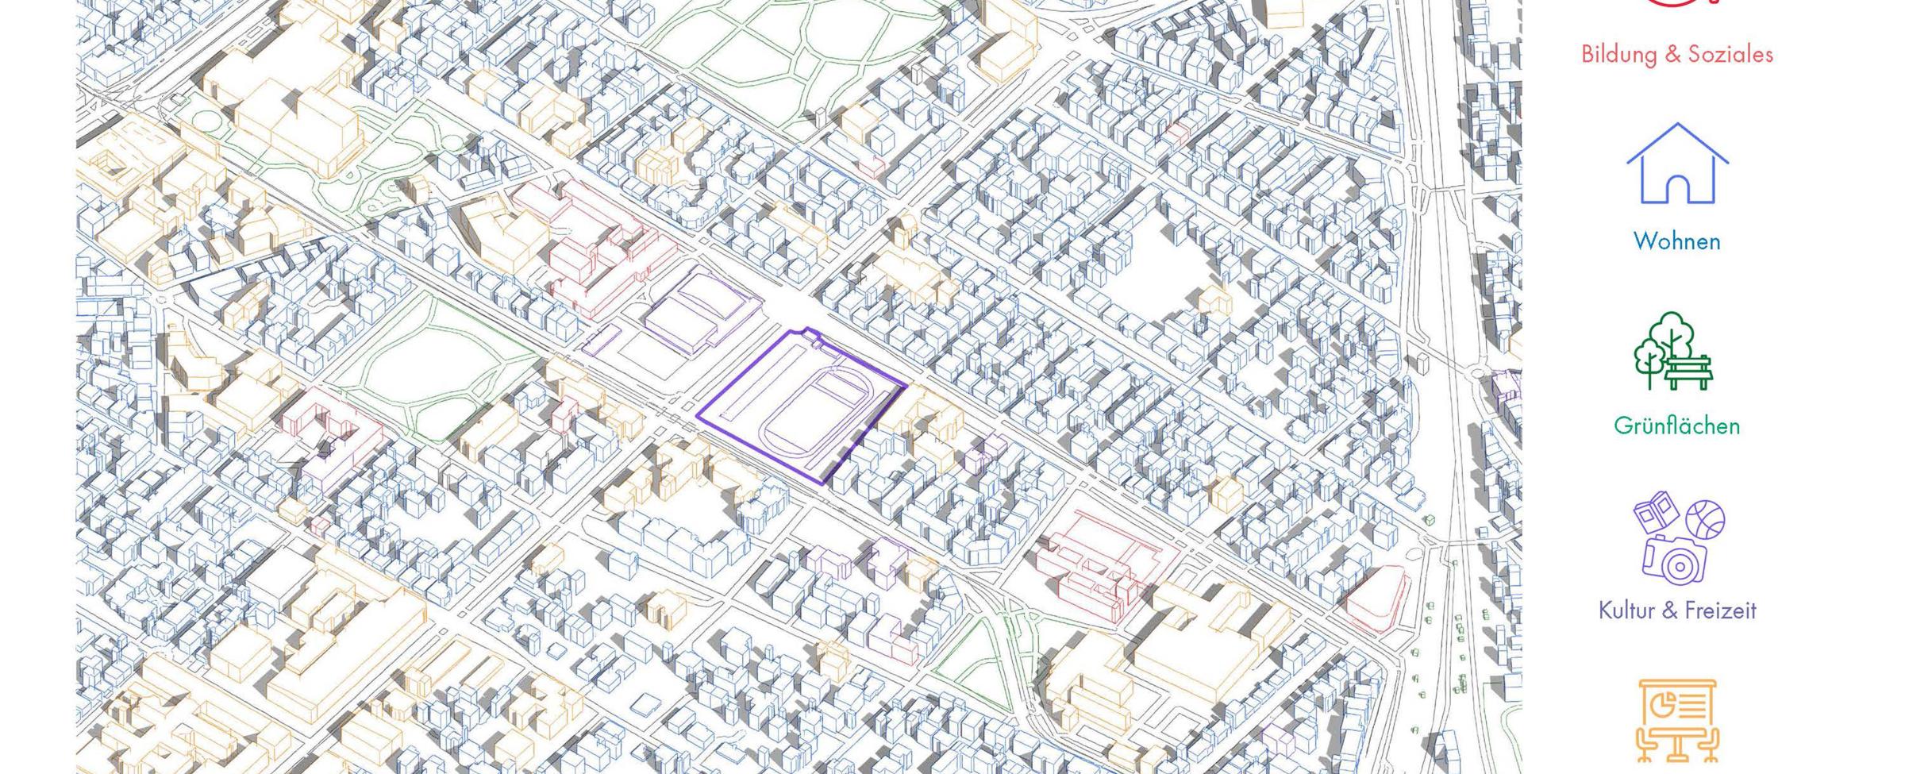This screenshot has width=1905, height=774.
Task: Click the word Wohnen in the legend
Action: tap(1676, 241)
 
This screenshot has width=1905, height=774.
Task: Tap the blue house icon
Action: tap(1676, 164)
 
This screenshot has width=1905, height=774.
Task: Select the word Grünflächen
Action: tap(1676, 426)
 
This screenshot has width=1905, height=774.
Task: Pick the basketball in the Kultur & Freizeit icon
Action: tap(1705, 520)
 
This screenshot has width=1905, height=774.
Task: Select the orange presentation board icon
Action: tap(1677, 718)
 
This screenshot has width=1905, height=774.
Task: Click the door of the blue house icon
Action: tap(1676, 188)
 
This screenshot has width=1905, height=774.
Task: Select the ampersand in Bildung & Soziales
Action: tap(1672, 54)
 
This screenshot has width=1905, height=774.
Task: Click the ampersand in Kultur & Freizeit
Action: tap(1670, 610)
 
